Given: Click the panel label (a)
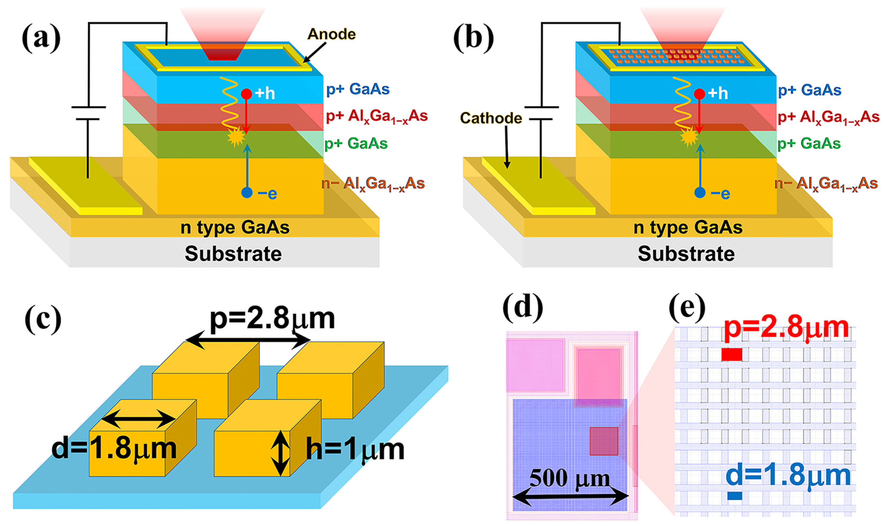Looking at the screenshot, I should click(x=41, y=38).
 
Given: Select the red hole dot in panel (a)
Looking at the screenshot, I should click(x=247, y=94).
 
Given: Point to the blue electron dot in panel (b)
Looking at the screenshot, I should click(x=699, y=193).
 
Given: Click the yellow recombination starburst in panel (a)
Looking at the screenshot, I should click(x=236, y=138).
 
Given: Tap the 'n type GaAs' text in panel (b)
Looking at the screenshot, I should click(x=688, y=227).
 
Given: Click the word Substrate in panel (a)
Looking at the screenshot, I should click(x=233, y=254).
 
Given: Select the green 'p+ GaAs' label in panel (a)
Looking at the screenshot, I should click(x=356, y=144).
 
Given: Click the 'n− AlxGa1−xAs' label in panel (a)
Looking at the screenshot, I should click(x=373, y=184).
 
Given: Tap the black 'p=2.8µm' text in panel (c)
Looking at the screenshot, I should click(x=272, y=318).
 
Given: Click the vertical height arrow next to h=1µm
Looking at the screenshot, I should click(x=280, y=453).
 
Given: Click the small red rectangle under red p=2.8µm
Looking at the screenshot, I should click(x=732, y=355).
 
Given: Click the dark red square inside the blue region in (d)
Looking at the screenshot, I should click(x=603, y=441).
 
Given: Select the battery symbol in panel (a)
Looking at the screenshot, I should click(x=88, y=113).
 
